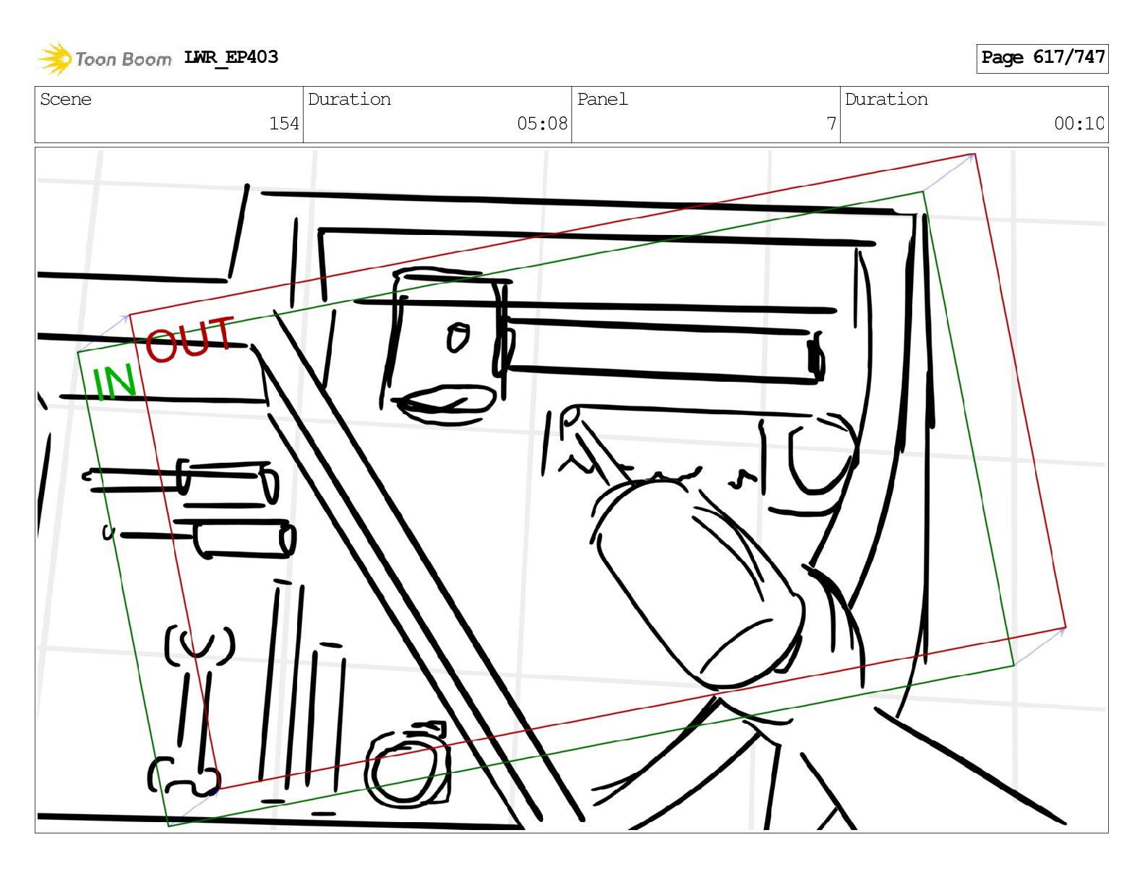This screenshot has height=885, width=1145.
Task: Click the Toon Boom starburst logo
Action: [55, 59]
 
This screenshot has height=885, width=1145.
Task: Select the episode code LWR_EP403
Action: [231, 57]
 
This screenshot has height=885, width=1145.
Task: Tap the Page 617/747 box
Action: [1042, 59]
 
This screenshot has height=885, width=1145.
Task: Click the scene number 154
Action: [283, 124]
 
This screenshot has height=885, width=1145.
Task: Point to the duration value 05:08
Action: [541, 124]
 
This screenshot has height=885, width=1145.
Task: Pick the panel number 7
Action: [831, 124]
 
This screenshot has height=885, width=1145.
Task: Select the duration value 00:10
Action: [1078, 124]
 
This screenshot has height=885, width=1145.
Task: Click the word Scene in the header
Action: [65, 99]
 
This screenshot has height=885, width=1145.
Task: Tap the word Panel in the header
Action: [602, 99]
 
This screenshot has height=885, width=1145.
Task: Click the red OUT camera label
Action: [189, 339]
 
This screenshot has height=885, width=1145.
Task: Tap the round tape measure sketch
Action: [407, 765]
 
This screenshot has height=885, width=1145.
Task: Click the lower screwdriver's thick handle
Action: [244, 539]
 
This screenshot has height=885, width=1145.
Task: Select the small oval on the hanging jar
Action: [458, 338]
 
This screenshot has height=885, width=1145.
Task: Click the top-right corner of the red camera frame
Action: [975, 154]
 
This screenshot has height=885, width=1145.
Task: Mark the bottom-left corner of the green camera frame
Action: [168, 826]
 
